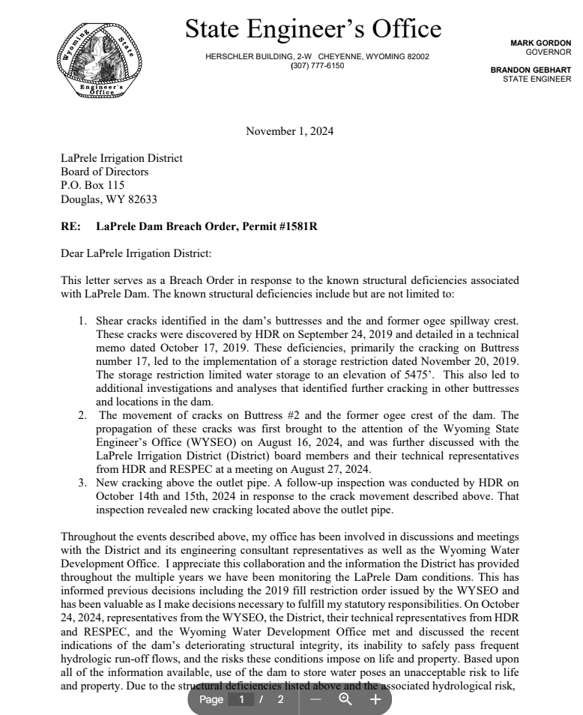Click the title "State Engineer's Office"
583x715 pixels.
coord(312,29)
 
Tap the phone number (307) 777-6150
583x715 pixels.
coord(317,66)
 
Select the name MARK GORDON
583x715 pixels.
coord(540,43)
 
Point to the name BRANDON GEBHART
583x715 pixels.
coord(531,70)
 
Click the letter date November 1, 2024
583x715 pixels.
coord(289,132)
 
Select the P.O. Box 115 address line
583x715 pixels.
coord(92,185)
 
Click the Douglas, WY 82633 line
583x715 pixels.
coord(109,199)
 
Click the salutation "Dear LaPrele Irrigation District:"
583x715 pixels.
coord(136,253)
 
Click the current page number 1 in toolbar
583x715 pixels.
coord(241,699)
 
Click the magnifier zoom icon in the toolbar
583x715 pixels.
coord(345,699)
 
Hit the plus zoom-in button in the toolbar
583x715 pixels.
coord(375,699)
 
